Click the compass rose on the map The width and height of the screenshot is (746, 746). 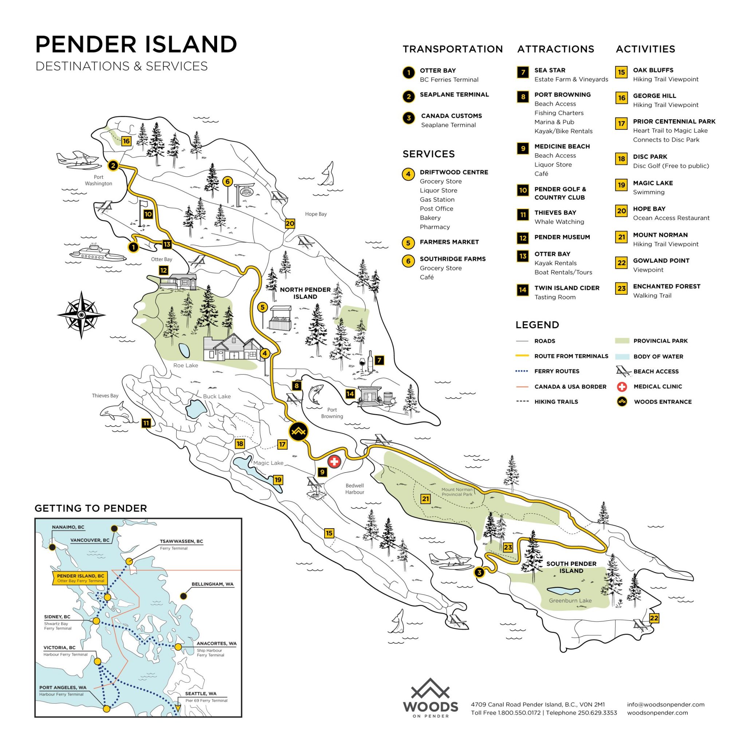(81, 315)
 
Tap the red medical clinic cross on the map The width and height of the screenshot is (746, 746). (334, 461)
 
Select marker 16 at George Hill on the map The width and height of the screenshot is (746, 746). (126, 141)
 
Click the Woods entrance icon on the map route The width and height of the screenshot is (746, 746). (298, 431)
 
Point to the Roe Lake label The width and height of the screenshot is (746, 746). (185, 365)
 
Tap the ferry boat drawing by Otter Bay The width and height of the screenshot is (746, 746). (98, 253)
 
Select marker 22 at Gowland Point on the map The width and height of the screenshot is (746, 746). (654, 618)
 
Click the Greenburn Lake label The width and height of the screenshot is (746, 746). (570, 601)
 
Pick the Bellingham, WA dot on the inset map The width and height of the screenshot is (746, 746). (184, 596)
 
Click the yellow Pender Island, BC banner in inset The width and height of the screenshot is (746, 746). (80, 578)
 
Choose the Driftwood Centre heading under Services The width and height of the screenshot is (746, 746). (454, 172)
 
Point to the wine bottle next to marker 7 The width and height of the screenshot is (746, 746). (371, 361)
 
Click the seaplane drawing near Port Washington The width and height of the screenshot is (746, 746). (75, 160)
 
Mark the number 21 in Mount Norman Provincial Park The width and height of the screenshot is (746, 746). (425, 499)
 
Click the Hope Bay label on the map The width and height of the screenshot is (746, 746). (315, 214)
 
